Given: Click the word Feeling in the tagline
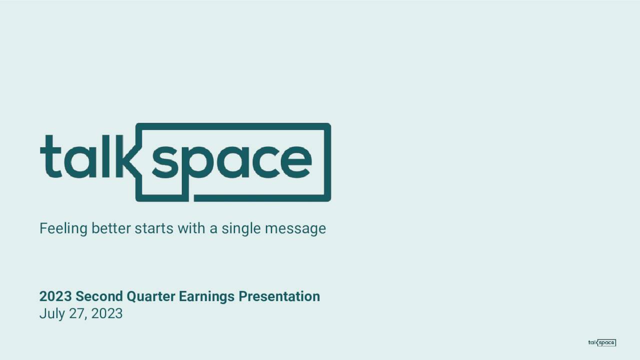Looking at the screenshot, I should [x=63, y=229].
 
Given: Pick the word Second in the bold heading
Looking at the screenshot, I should [x=99, y=296].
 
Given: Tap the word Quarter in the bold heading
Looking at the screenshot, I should [x=151, y=296].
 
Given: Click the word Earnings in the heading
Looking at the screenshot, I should [x=206, y=297].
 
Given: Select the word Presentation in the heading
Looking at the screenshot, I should [x=279, y=296].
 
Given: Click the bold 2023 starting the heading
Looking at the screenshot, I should [x=55, y=296].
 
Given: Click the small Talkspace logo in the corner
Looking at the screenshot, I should [x=602, y=342].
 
